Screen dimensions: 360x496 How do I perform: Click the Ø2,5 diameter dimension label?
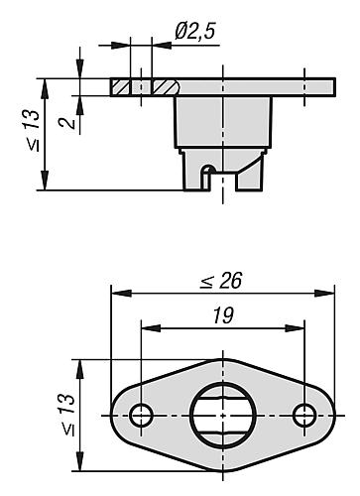point(195,32)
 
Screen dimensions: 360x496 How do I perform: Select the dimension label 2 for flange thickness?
point(67,123)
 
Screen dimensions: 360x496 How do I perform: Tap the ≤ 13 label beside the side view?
point(34,131)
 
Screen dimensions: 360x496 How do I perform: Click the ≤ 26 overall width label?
point(221,281)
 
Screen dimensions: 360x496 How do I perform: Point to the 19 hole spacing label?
point(223,315)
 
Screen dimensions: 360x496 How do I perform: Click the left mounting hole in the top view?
point(141,415)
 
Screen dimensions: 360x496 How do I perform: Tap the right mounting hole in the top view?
point(304,415)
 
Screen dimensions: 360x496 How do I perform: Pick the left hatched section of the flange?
point(120,87)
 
